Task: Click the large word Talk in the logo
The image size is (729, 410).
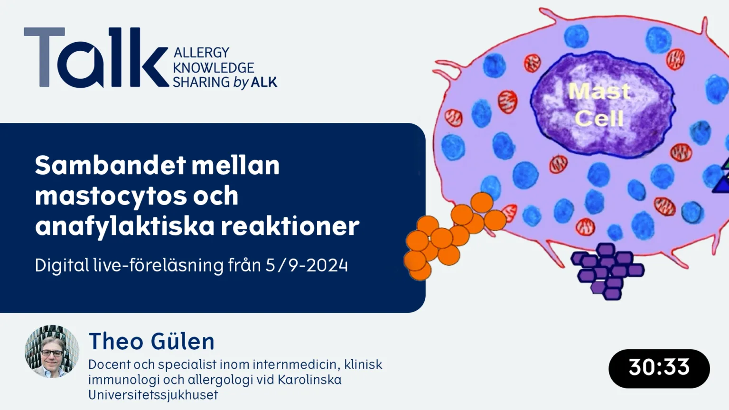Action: point(96,57)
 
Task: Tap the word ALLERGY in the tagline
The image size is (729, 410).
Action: point(201,52)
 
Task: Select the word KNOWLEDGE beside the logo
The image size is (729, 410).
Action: point(214,68)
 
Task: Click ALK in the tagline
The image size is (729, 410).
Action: point(264,82)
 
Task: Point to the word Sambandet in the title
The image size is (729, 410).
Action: point(111,165)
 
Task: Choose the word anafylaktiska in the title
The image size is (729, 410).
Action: point(125,226)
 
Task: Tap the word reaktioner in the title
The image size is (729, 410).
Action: point(290,226)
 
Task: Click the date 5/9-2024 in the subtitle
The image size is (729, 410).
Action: point(307,265)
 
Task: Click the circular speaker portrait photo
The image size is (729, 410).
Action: point(52,352)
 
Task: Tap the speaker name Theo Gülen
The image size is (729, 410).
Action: point(152,341)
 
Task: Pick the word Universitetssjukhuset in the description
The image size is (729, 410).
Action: point(153,395)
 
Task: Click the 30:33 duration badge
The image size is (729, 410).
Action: point(659,368)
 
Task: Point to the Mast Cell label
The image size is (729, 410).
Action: point(599,104)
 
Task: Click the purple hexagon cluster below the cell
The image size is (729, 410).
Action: point(607,271)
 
